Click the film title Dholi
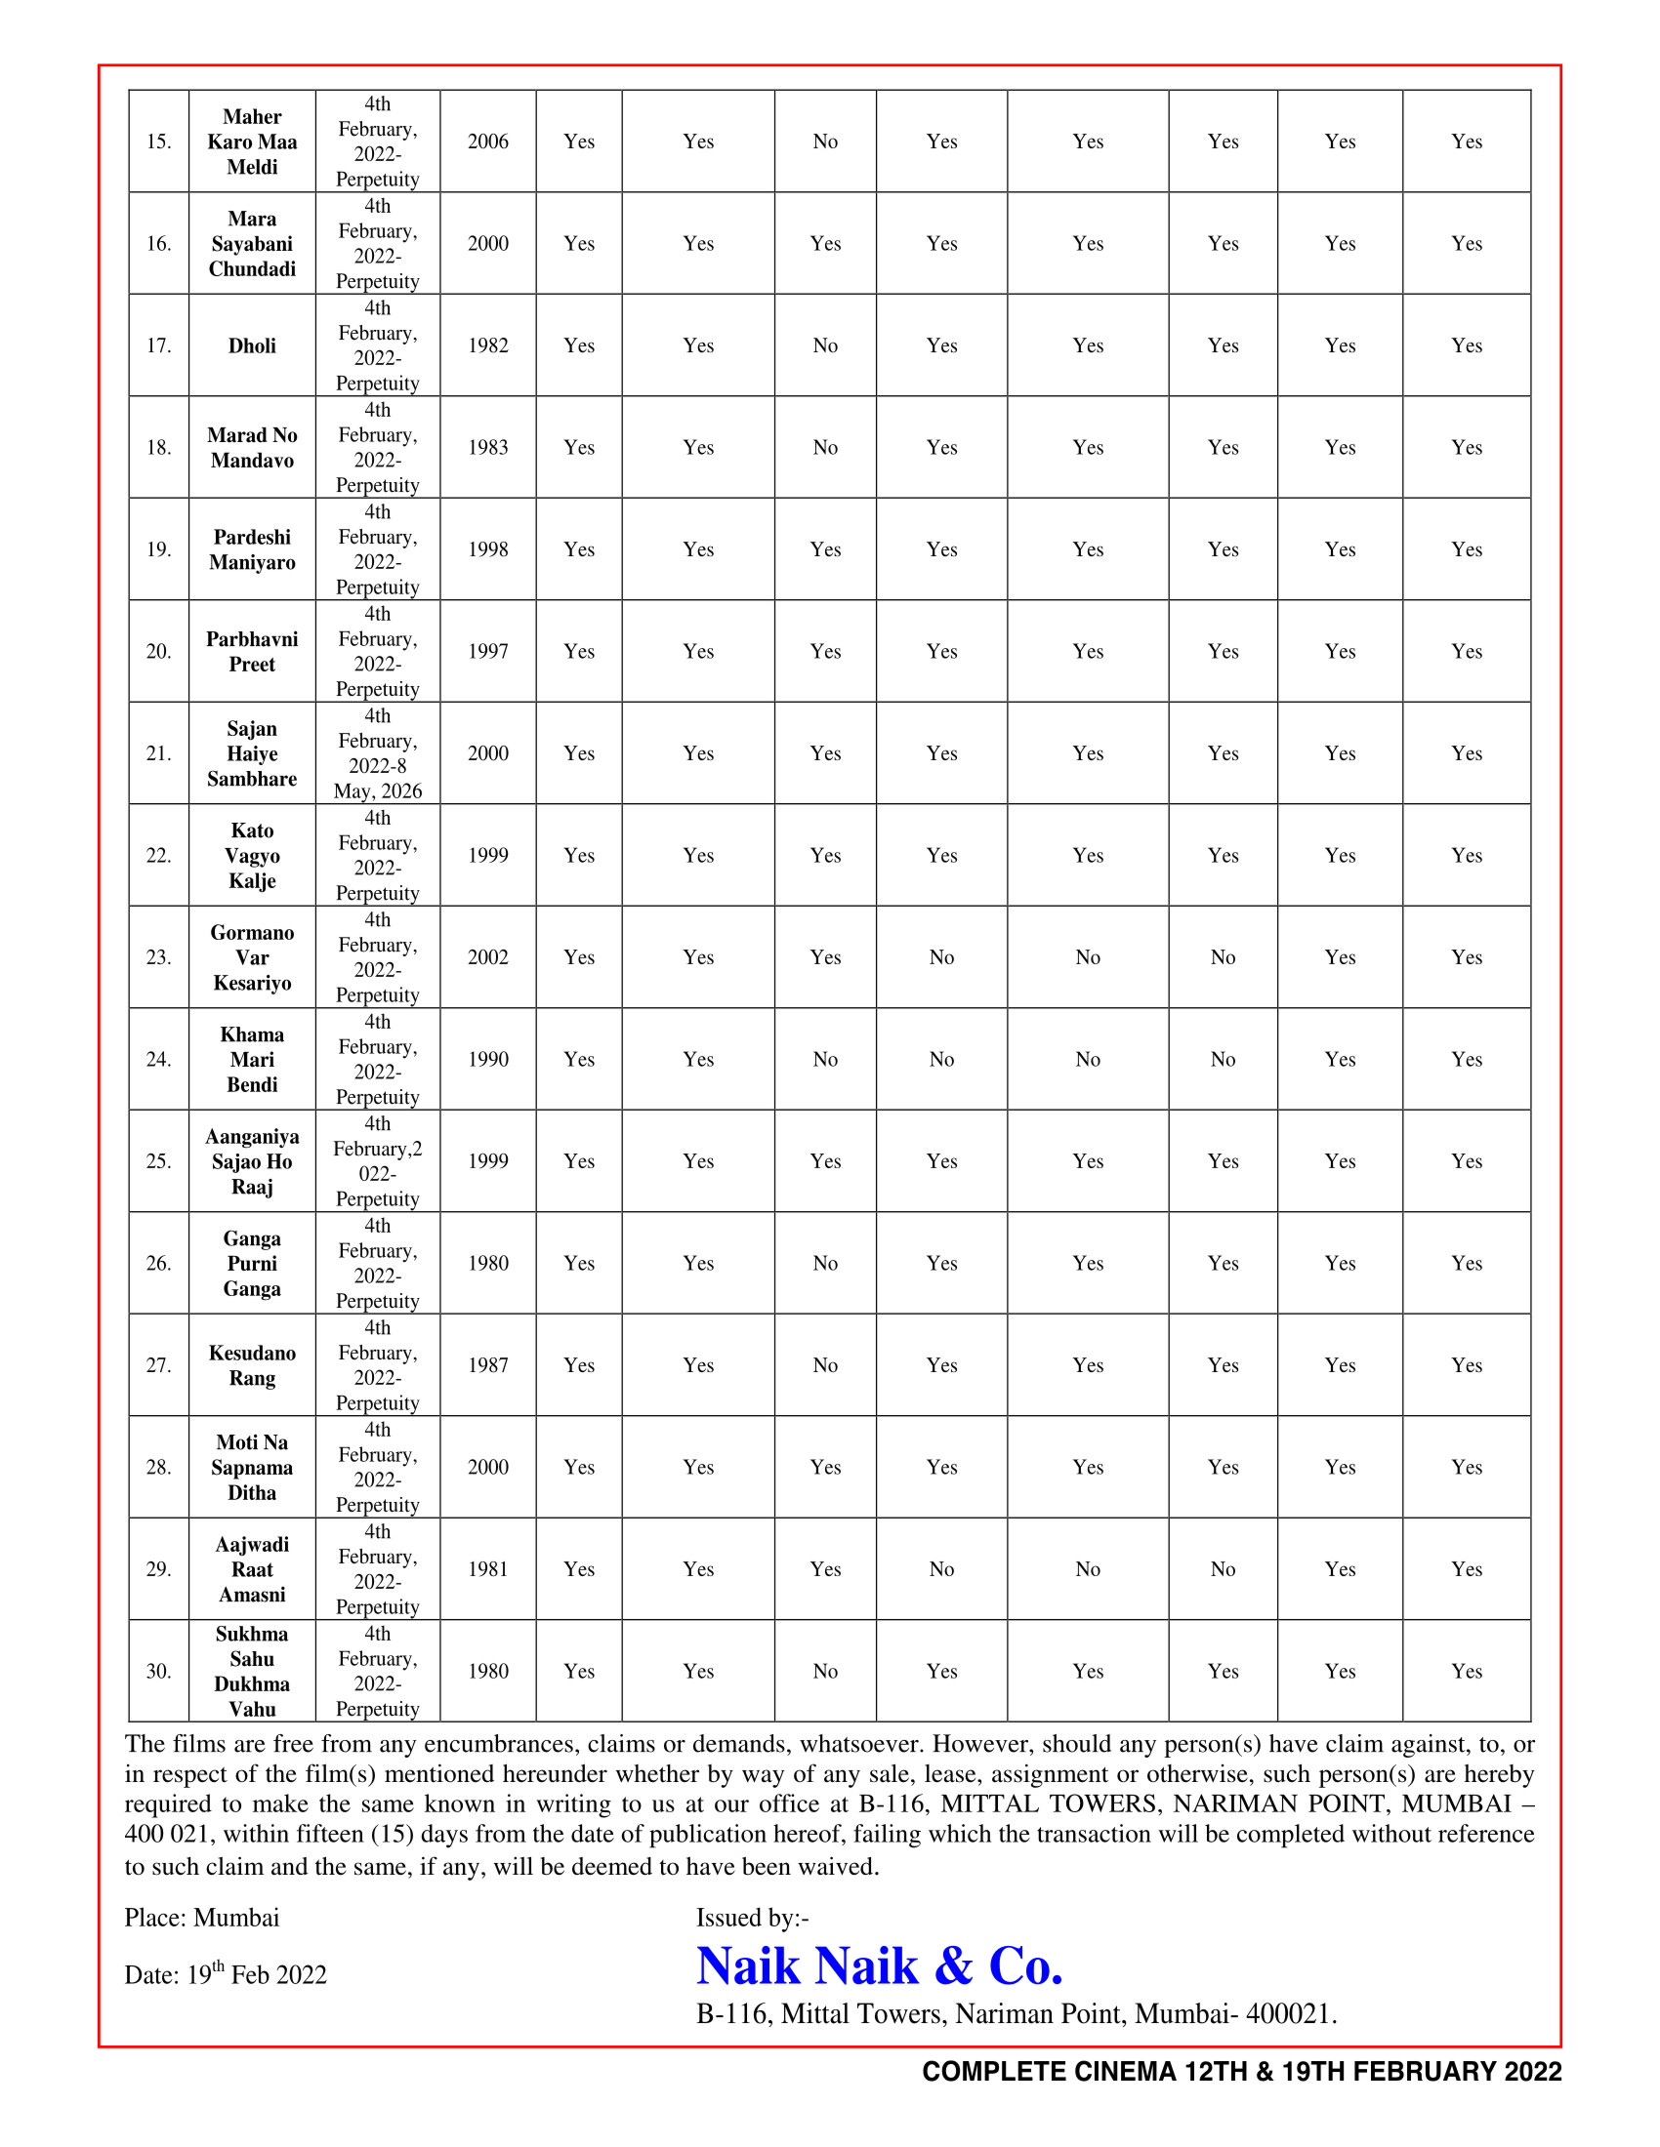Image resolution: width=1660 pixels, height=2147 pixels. pos(252,346)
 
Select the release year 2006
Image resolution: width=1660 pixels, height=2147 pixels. pos(488,142)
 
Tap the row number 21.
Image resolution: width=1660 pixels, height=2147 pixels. pos(158,754)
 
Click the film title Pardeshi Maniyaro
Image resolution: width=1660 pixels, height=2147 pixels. pos(252,549)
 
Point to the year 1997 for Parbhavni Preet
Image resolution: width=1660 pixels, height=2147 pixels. pos(488,652)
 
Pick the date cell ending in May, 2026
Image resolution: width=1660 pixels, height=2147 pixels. pos(378,754)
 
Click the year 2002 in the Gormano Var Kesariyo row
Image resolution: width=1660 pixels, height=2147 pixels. pos(488,957)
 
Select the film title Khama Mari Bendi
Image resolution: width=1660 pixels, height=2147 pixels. pos(252,1060)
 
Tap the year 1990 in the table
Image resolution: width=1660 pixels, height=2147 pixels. pos(488,1060)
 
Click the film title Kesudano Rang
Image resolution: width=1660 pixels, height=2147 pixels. pos(252,1365)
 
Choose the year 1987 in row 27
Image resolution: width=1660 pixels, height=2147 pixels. pos(488,1365)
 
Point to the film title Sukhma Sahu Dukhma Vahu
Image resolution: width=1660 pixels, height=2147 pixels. pos(252,1671)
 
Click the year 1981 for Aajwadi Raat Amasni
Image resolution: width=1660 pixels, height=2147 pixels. pos(488,1569)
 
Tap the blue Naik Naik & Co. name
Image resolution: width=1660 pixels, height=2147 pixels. pos(879,1966)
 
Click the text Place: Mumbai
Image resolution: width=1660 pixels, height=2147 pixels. pos(201,1918)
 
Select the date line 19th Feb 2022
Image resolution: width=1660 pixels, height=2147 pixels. pos(226,1974)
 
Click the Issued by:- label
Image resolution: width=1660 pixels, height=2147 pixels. pos(752,1918)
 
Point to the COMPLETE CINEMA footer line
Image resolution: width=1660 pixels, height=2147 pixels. pos(1241,2071)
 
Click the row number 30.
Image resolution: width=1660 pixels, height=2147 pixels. pos(158,1671)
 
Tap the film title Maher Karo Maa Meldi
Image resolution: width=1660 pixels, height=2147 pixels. pos(252,142)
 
